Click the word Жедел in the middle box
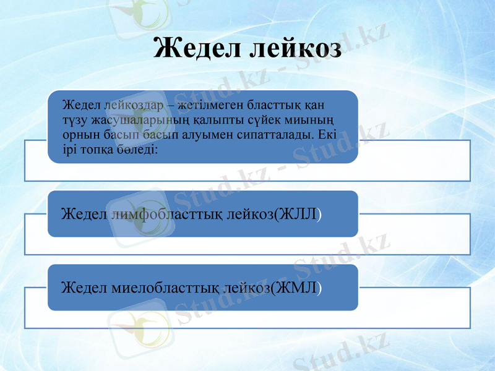(84, 214)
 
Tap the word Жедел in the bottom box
(84, 288)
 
